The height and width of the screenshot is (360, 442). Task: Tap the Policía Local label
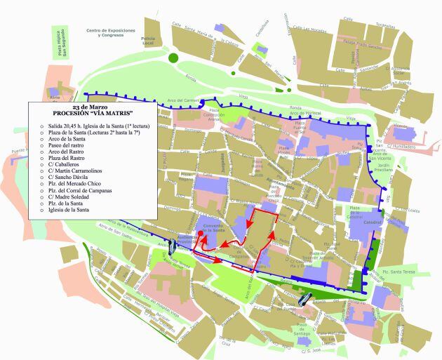click(x=148, y=40)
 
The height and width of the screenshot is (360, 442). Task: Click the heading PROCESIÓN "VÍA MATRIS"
click(x=93, y=113)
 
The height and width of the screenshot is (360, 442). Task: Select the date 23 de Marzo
click(x=93, y=107)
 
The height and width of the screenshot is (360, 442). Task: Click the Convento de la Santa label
click(x=213, y=227)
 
